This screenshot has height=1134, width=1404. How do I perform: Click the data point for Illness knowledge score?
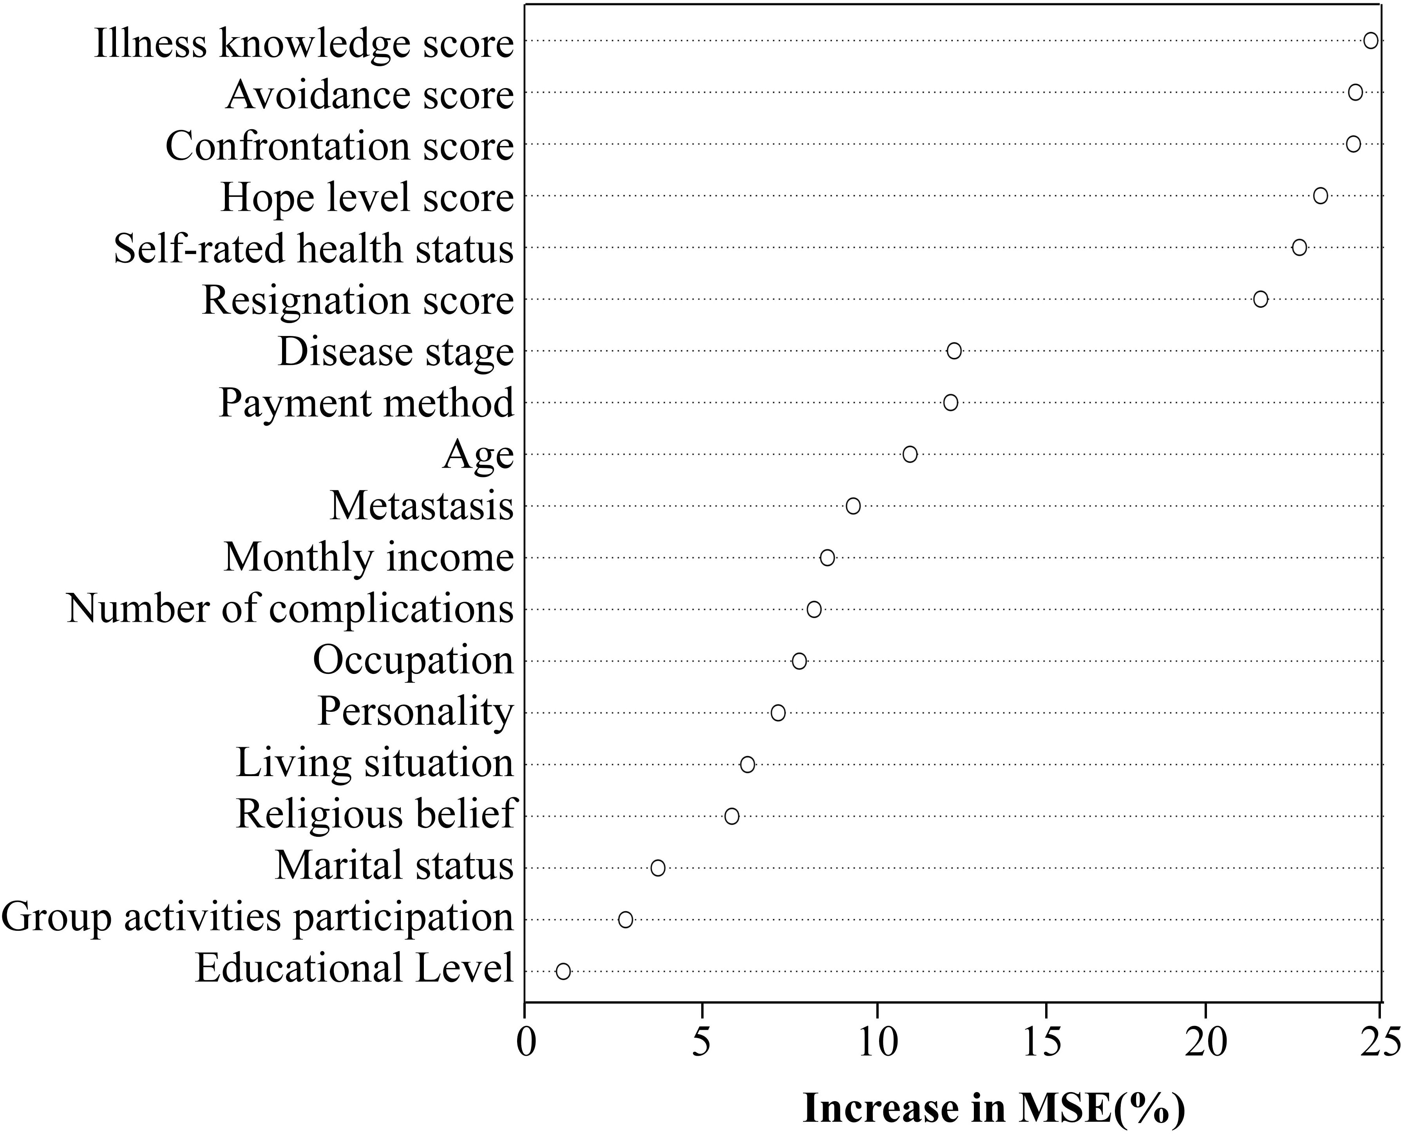click(1371, 40)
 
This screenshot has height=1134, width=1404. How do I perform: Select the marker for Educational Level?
click(563, 971)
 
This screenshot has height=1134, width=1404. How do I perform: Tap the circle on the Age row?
click(910, 454)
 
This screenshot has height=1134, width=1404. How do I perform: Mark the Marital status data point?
click(658, 868)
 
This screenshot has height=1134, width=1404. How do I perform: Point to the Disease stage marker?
click(954, 351)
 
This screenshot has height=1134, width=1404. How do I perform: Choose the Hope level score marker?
click(1321, 195)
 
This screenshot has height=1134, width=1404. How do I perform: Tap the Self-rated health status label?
click(314, 249)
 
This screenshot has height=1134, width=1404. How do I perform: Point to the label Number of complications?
click(290, 609)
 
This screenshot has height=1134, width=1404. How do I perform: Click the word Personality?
click(416, 711)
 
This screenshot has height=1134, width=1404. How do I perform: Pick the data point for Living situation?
click(747, 764)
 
